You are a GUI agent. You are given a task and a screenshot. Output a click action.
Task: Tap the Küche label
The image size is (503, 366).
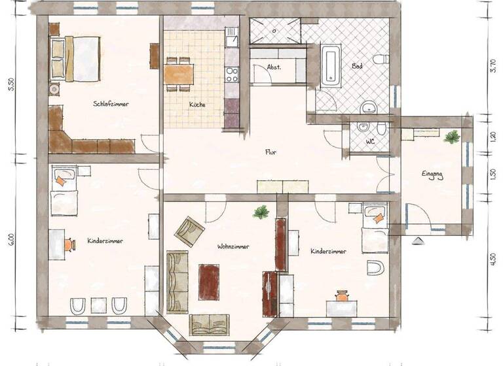(197, 105)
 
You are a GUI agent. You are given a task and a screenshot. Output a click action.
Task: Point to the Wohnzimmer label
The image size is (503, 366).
(234, 246)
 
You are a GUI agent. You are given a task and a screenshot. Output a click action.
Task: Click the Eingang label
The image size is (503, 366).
(432, 175)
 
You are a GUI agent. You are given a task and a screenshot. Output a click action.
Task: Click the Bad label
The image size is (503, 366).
(358, 67)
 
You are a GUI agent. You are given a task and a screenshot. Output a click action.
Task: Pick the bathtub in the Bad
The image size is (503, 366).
(331, 63)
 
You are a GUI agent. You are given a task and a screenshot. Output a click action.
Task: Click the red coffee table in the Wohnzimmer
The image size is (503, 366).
(210, 280)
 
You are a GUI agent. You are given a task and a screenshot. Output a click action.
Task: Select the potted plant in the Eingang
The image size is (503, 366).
(451, 137)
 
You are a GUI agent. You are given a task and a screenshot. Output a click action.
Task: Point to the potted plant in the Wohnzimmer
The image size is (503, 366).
(261, 212)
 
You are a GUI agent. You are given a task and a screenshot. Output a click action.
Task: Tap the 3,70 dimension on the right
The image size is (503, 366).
(493, 66)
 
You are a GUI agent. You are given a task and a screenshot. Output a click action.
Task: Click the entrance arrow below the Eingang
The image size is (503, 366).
(416, 240)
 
